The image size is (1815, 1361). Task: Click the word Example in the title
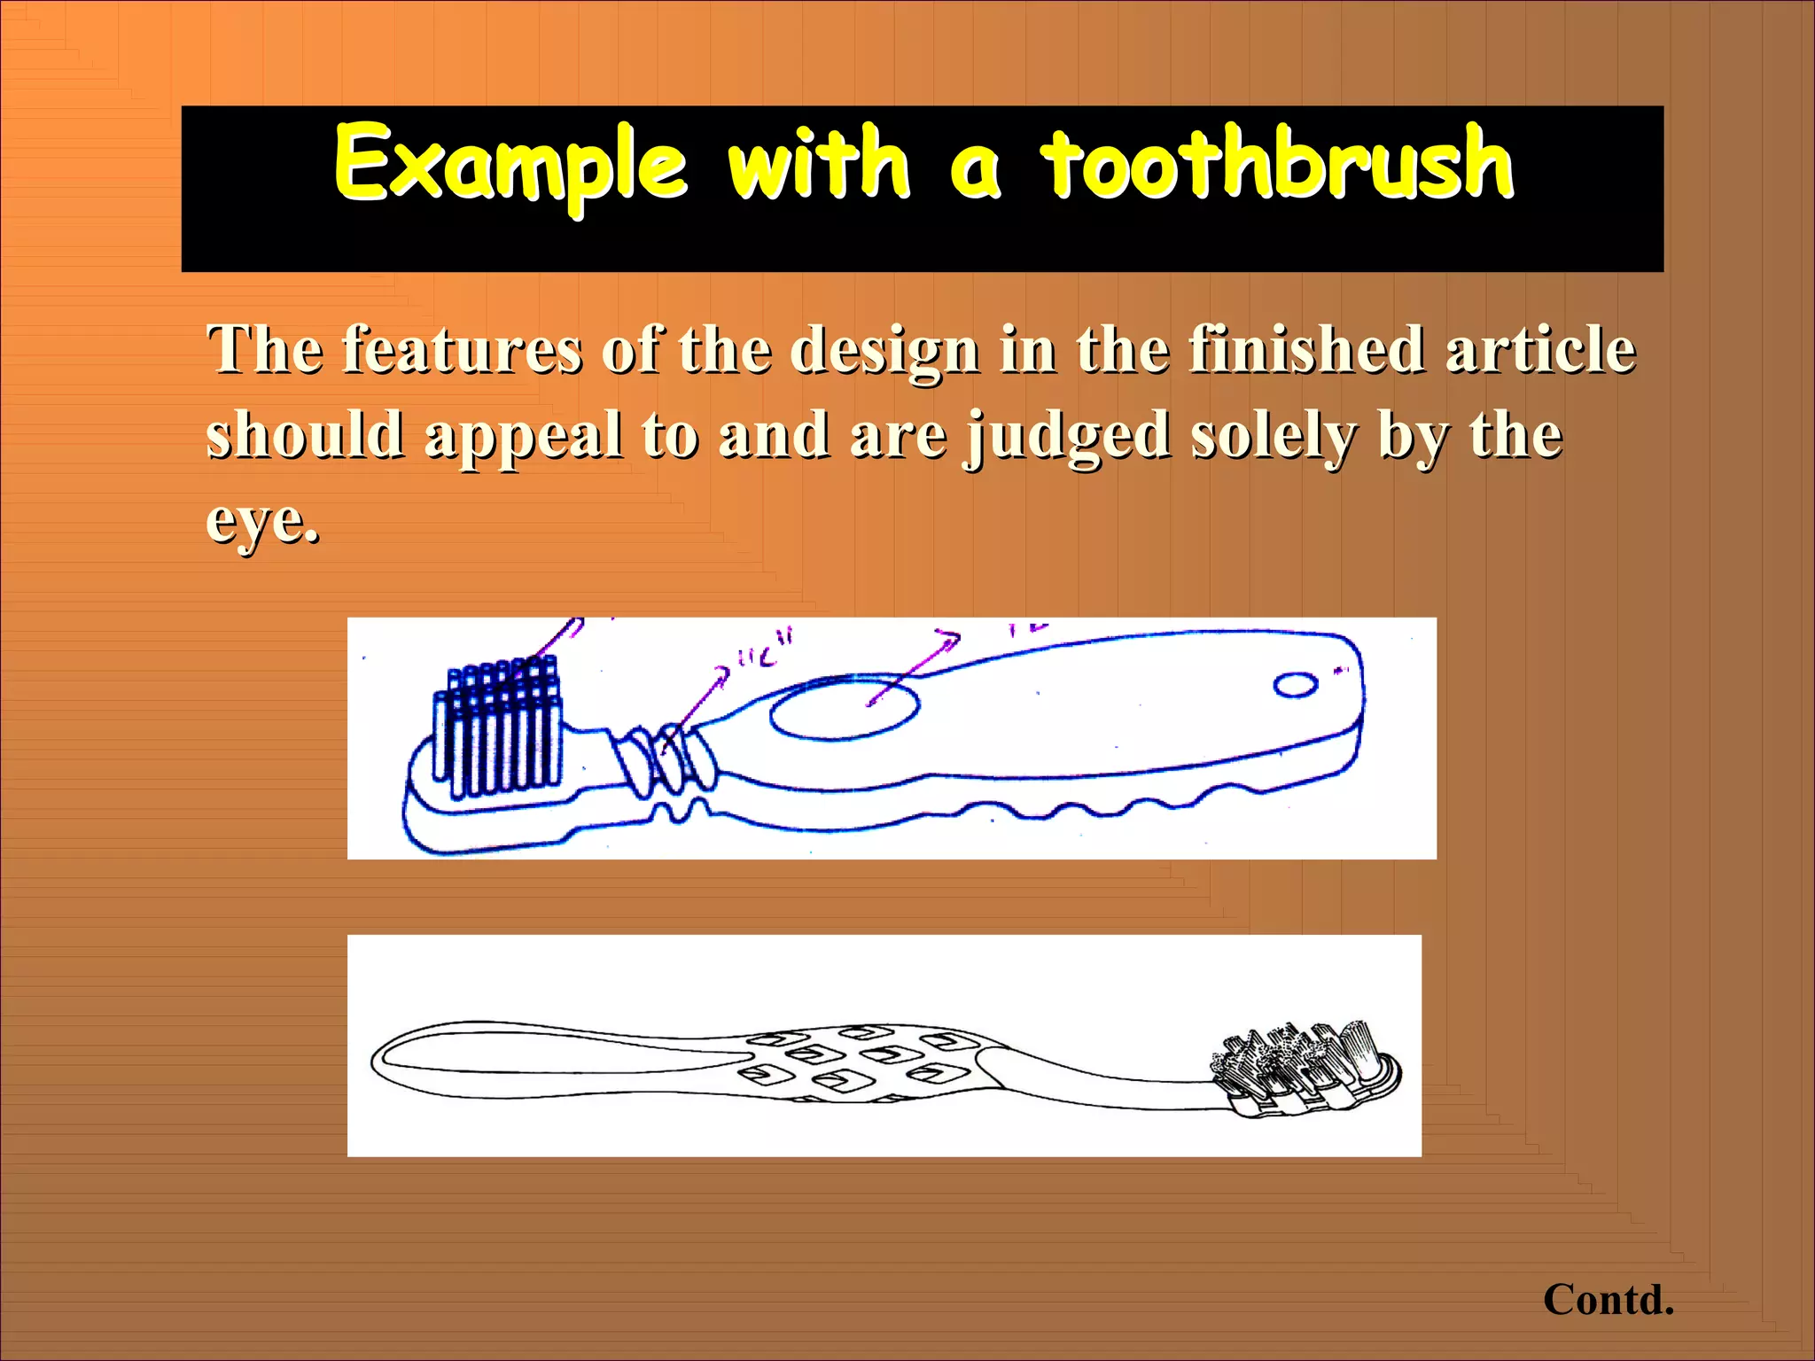pyautogui.click(x=510, y=165)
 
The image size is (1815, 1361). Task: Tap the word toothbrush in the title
pyautogui.click(x=1277, y=163)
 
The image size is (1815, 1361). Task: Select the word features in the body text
pyautogui.click(x=462, y=350)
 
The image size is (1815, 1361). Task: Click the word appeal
pyautogui.click(x=524, y=437)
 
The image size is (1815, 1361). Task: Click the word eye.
pyautogui.click(x=261, y=522)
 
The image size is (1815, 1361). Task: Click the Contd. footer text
pyautogui.click(x=1608, y=1300)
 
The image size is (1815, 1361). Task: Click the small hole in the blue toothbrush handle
pyautogui.click(x=1295, y=685)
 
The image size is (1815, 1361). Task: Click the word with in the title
pyautogui.click(x=818, y=163)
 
